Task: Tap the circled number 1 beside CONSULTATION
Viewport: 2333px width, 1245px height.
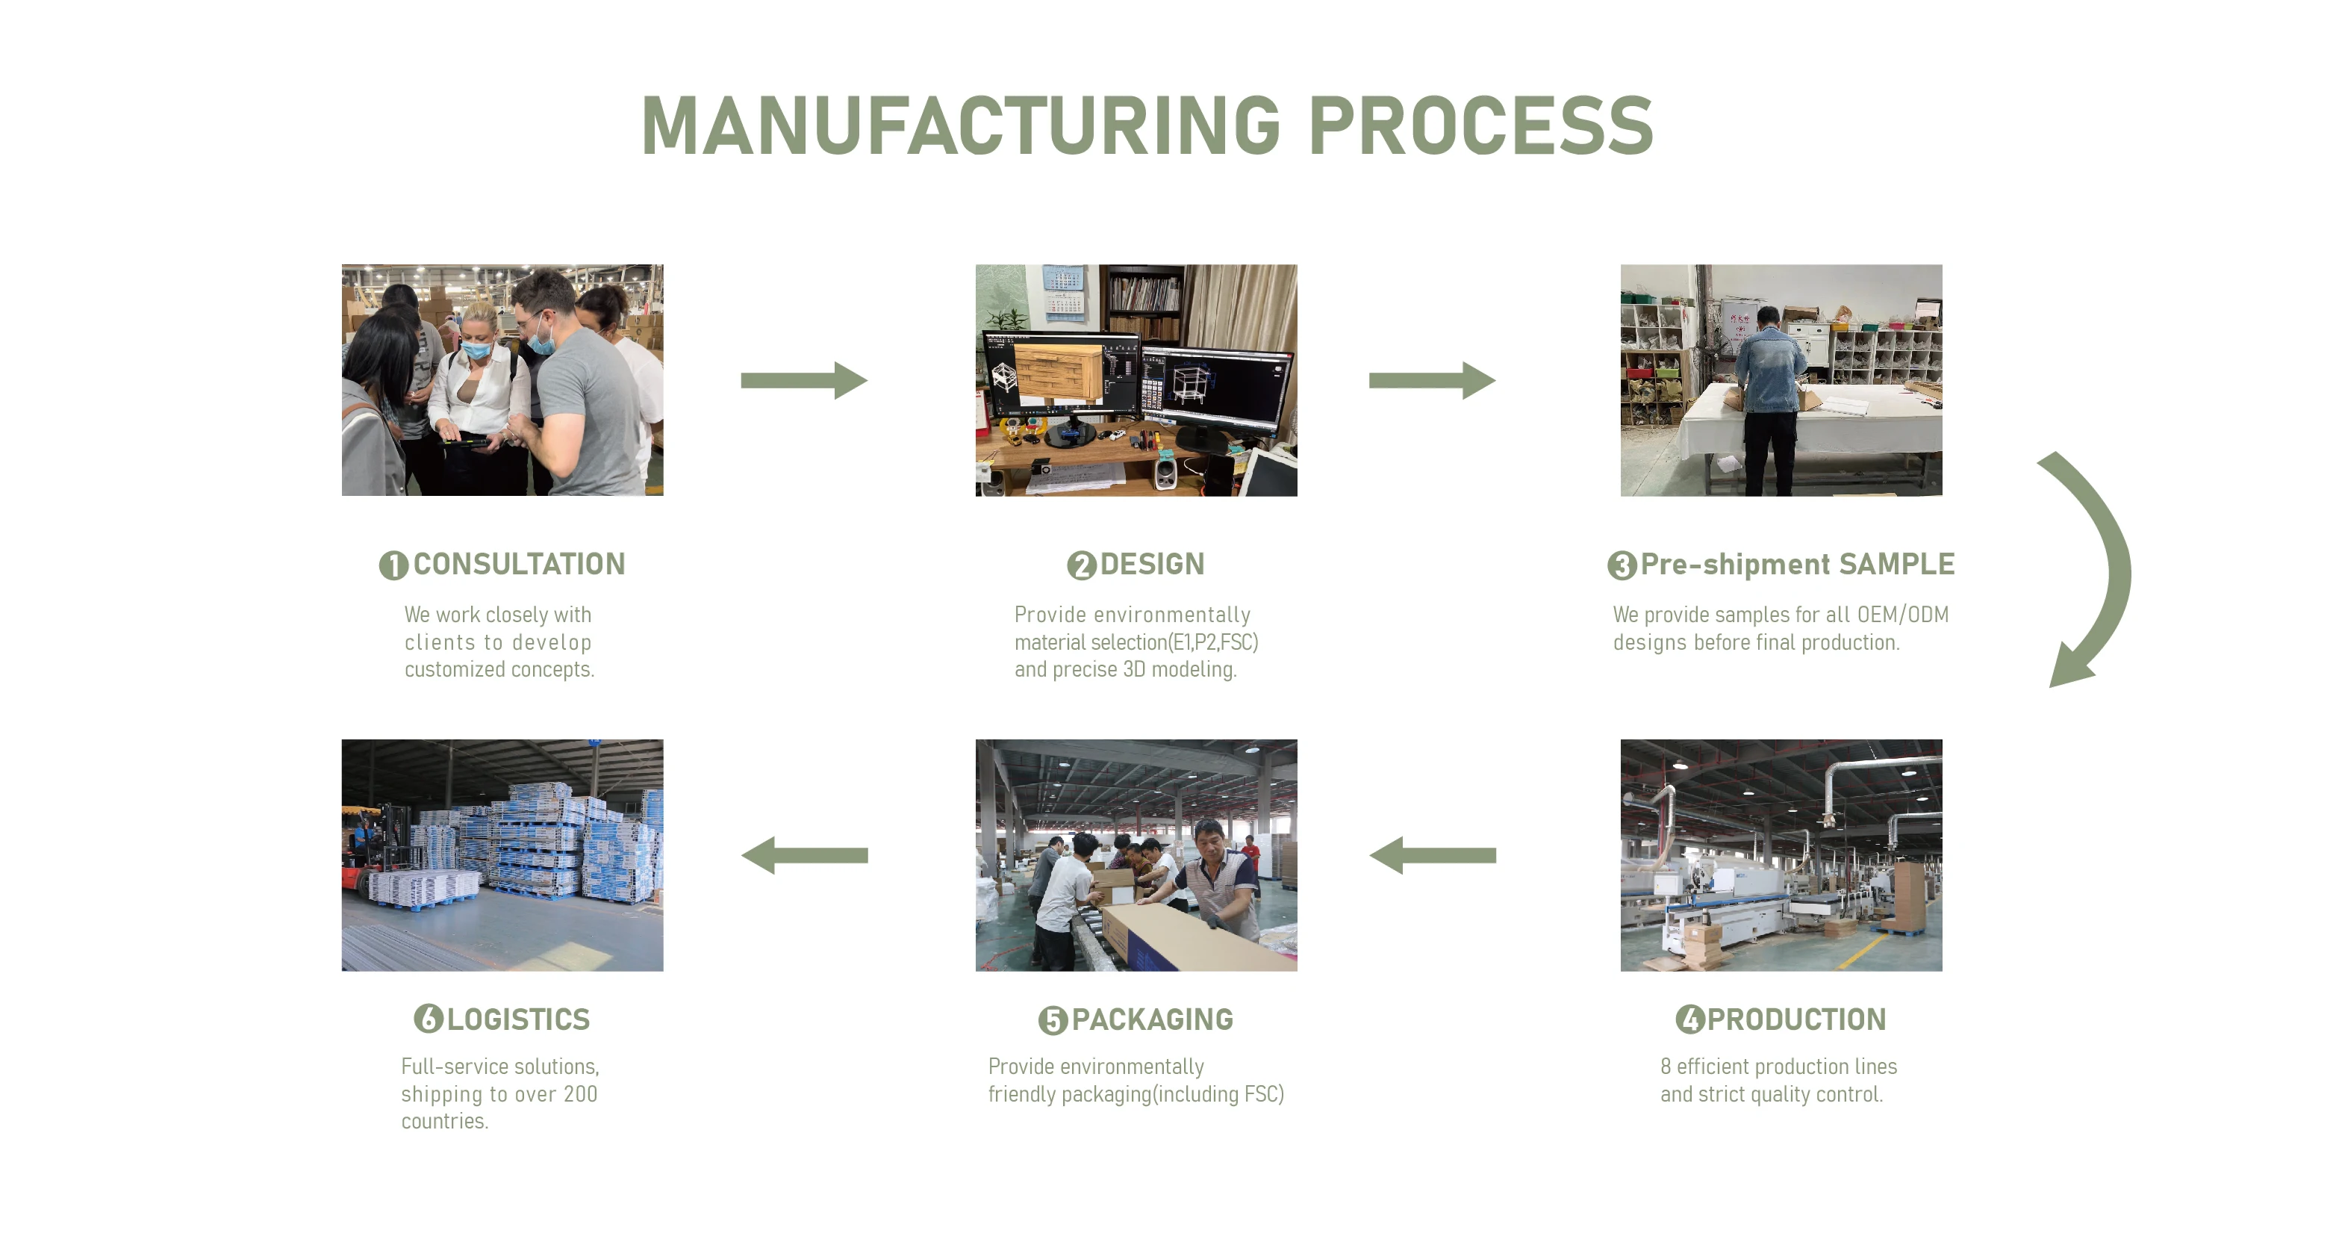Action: [x=393, y=565]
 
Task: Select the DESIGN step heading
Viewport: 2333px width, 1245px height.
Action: [x=1152, y=565]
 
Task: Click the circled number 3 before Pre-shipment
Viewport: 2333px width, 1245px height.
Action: [x=1621, y=565]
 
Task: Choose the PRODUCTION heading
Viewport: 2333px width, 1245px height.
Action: [x=1796, y=1019]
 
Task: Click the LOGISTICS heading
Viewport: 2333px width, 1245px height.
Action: [x=518, y=1019]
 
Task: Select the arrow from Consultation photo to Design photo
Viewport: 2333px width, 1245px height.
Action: [x=803, y=381]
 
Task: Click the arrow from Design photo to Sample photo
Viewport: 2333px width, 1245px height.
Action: [x=1431, y=381]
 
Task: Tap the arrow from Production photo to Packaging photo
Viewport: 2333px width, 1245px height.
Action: [x=1432, y=855]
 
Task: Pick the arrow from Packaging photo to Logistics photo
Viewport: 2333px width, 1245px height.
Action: [x=804, y=855]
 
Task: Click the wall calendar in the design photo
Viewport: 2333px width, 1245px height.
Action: [x=1065, y=292]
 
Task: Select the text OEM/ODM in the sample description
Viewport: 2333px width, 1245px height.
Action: [x=1903, y=615]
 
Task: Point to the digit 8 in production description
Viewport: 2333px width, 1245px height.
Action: [x=1666, y=1067]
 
